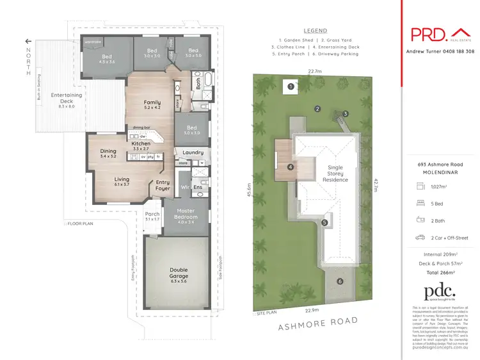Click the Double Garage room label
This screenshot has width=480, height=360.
coord(179,273)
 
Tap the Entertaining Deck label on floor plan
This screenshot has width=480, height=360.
coord(67,98)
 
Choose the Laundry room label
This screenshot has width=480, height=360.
coord(193,152)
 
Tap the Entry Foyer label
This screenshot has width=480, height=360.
coord(163,185)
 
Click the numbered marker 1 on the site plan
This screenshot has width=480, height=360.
coord(291,86)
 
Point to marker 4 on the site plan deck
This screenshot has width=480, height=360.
coord(291,167)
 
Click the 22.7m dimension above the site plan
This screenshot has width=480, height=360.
coord(314,71)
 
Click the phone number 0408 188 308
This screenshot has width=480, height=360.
coord(457,51)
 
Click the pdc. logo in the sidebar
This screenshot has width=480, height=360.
coord(441,291)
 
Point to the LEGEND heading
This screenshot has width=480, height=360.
coord(314,30)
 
